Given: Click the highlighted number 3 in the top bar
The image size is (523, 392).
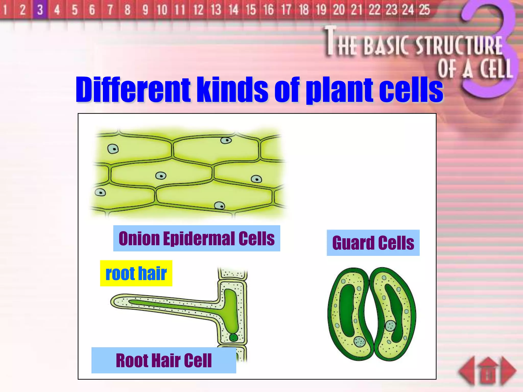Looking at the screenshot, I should coord(40,10).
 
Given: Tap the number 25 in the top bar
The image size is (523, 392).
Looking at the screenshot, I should coord(424,10).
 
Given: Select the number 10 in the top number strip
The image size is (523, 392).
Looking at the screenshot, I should coord(162,10).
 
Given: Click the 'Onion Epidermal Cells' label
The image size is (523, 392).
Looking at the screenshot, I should coord(197,238).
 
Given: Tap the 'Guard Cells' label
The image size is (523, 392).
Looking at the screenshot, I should coord(373,243).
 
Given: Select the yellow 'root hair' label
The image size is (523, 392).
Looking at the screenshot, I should coord(136,273).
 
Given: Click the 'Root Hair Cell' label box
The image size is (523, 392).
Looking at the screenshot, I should coord(164,360).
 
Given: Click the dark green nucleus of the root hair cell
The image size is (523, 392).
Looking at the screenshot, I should coord(233,337).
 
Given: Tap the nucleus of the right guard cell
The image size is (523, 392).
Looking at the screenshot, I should coord(390,326).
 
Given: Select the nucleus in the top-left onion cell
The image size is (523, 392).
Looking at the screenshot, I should coord(113,149).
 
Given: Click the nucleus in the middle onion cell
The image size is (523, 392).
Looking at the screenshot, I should coord(161,176).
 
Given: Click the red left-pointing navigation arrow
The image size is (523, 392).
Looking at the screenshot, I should coord(467,371).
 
